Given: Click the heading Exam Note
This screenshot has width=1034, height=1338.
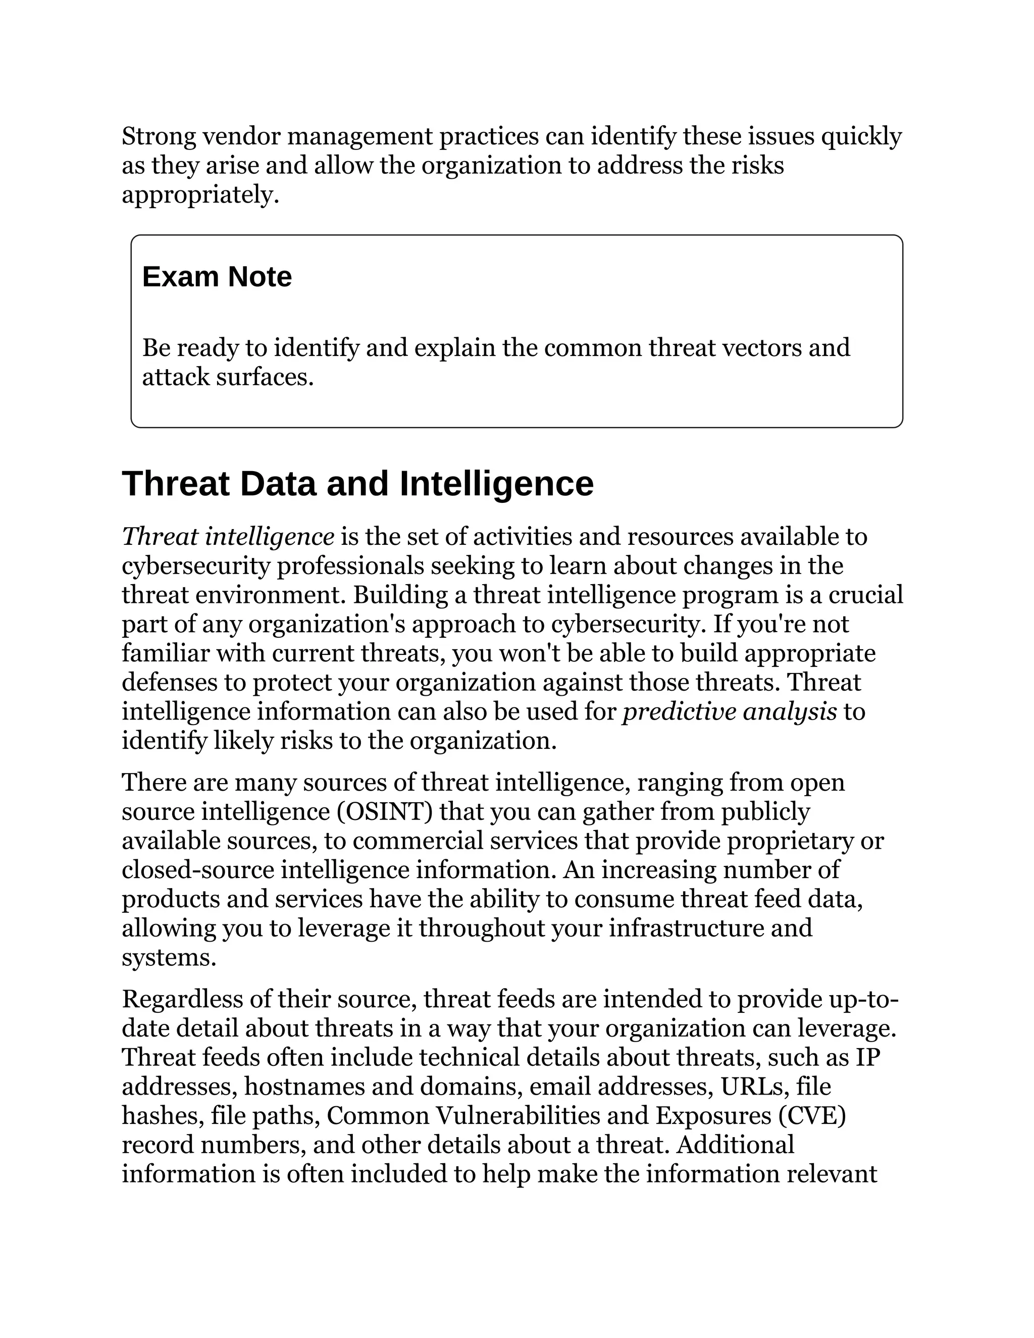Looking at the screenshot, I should pos(217,277).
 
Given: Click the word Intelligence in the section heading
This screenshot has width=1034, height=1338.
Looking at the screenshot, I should pos(496,484).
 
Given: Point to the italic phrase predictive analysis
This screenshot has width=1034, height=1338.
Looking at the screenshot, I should pos(730,712).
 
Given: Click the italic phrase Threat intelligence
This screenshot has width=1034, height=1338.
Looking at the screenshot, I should pos(228,537).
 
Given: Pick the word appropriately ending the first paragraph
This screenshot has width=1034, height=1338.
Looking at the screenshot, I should pos(200,195).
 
